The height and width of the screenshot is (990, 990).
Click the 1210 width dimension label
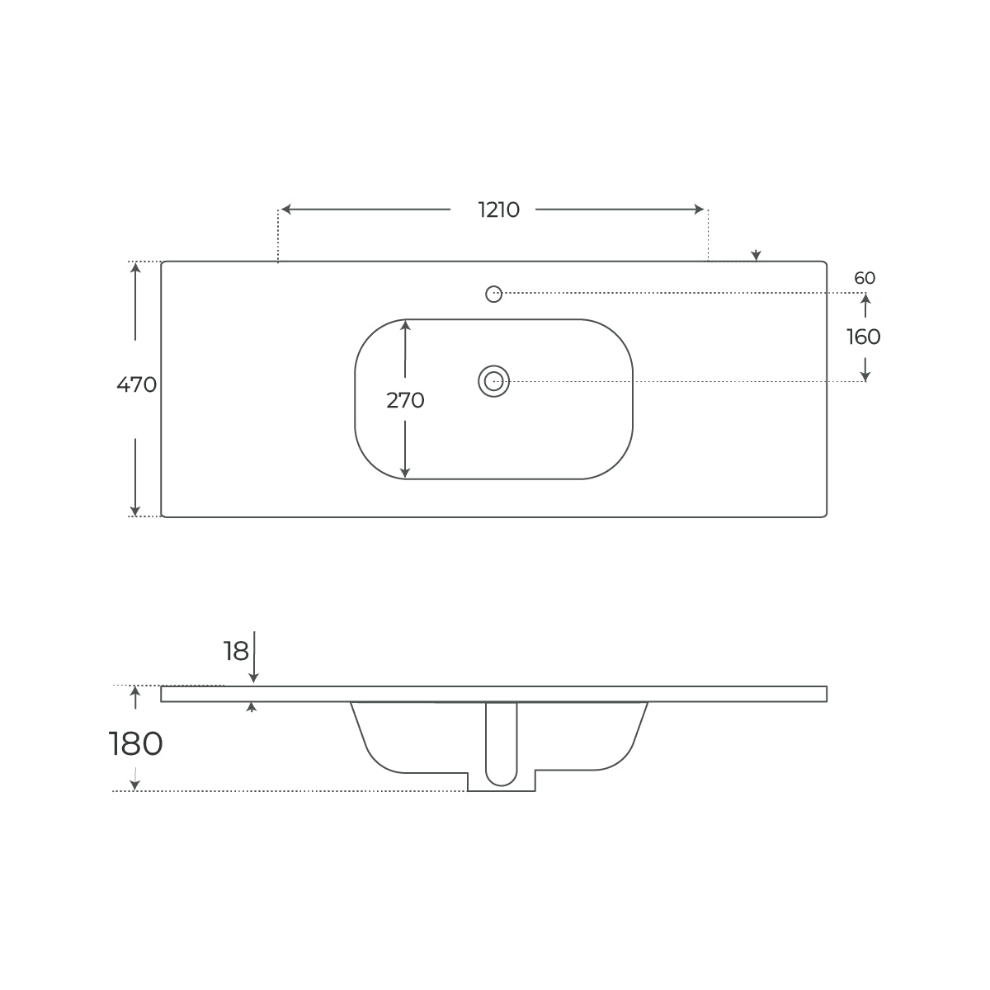pos(498,210)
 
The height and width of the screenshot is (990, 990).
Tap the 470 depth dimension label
pos(136,384)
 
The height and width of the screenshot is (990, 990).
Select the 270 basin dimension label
pos(405,400)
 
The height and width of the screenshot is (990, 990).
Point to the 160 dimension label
pos(863,337)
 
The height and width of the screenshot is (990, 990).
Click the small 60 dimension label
pos(865,278)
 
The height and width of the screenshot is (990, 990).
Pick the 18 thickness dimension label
pos(236,652)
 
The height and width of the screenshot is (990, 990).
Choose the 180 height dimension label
pos(135,744)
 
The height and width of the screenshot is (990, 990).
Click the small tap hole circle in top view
pos(493,294)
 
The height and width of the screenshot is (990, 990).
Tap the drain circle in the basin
pos(493,381)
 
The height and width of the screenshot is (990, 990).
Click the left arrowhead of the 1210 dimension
pos(286,209)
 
